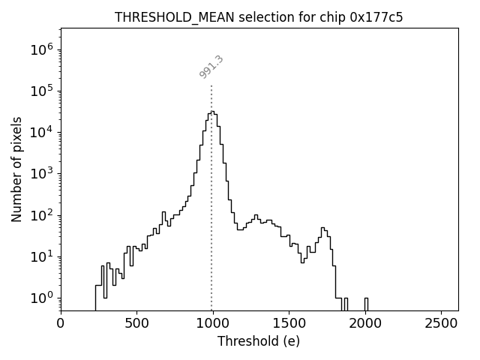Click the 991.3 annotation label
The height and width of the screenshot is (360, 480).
(x=211, y=67)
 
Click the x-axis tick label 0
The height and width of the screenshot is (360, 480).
(x=61, y=323)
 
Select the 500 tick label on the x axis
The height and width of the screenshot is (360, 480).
(x=136, y=323)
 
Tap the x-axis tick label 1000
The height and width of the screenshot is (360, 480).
(x=212, y=323)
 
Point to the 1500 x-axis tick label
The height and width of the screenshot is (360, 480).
(x=289, y=323)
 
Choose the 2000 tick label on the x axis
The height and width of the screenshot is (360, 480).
(x=365, y=323)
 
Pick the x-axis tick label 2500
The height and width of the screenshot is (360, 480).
(x=441, y=323)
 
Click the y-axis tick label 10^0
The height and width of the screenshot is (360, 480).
(x=41, y=298)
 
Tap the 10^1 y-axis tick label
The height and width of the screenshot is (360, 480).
(x=41, y=256)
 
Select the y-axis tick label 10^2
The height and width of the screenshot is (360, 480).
(x=41, y=215)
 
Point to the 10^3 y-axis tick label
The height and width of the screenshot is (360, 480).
(x=41, y=174)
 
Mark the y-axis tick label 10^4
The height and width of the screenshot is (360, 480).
(x=41, y=133)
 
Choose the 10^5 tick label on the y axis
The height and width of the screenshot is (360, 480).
(x=41, y=91)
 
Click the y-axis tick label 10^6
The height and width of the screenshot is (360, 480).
(x=41, y=50)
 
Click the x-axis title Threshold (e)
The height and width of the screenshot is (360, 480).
(x=259, y=341)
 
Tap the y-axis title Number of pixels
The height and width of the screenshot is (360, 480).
(x=16, y=169)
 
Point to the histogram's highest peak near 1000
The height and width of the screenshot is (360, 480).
(x=212, y=112)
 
